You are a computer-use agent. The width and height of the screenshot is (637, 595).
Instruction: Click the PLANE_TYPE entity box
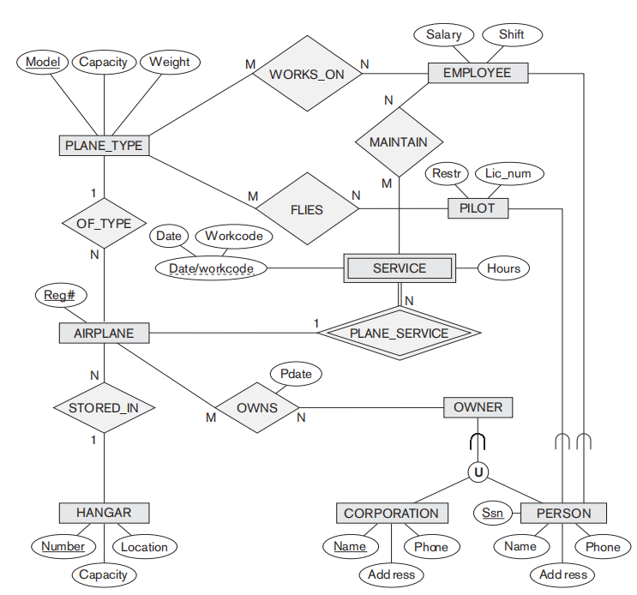click(x=104, y=145)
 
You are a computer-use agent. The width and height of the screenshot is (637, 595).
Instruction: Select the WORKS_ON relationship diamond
click(x=306, y=74)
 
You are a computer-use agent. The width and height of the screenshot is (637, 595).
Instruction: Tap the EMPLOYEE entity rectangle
click(x=477, y=73)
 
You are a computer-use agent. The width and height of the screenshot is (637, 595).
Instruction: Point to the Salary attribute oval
click(x=443, y=35)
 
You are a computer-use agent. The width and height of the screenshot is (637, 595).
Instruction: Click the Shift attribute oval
click(x=511, y=35)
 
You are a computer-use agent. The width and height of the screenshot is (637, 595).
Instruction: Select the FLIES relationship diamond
click(x=306, y=209)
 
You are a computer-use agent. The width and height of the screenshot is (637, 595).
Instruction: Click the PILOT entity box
click(x=478, y=207)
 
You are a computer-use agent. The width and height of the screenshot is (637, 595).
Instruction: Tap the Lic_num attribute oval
click(x=508, y=174)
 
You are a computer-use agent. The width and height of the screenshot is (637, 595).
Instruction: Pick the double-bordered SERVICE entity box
click(x=400, y=268)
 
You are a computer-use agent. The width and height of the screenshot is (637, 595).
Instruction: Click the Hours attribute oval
click(x=503, y=268)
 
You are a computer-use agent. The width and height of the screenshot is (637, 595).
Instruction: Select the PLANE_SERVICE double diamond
click(x=399, y=333)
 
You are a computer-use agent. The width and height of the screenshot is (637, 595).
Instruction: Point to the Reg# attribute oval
click(x=60, y=296)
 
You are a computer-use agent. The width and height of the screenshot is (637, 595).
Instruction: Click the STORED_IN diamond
click(x=103, y=407)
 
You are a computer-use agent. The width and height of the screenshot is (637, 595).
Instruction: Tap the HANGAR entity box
click(x=104, y=513)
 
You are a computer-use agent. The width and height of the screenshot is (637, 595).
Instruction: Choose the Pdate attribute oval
click(x=295, y=375)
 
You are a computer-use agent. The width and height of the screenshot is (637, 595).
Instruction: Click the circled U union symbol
click(x=478, y=472)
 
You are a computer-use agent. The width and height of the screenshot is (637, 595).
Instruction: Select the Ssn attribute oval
click(x=492, y=514)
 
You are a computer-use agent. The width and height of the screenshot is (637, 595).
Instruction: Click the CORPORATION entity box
click(x=391, y=514)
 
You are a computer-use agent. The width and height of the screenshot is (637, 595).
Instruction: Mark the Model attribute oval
click(x=42, y=62)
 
